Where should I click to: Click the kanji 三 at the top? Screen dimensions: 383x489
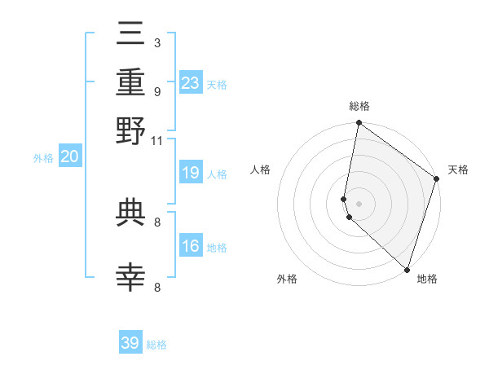pos(131,34)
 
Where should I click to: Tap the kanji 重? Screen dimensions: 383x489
pos(131,82)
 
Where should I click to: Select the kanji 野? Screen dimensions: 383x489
pos(131,131)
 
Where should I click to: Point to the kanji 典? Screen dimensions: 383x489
pos(131,213)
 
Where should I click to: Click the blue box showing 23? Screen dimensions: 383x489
pos(191,82)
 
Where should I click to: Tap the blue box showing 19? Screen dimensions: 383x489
pos(191,173)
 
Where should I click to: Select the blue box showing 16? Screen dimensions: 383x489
pos(191,246)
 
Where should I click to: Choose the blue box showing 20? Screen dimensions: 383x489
pos(69,157)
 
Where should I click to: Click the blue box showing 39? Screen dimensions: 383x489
pos(130,343)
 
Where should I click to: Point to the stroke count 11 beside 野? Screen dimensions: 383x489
pos(157,141)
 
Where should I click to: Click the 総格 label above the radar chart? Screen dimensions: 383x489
pos(359,106)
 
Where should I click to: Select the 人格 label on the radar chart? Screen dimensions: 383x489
pos(261,169)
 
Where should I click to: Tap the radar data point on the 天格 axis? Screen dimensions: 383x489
pos(436,180)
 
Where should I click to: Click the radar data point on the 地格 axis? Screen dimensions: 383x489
pos(407,269)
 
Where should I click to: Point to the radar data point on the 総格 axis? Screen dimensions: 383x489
pos(359,124)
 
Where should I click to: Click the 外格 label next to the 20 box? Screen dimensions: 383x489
pos(42,158)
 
